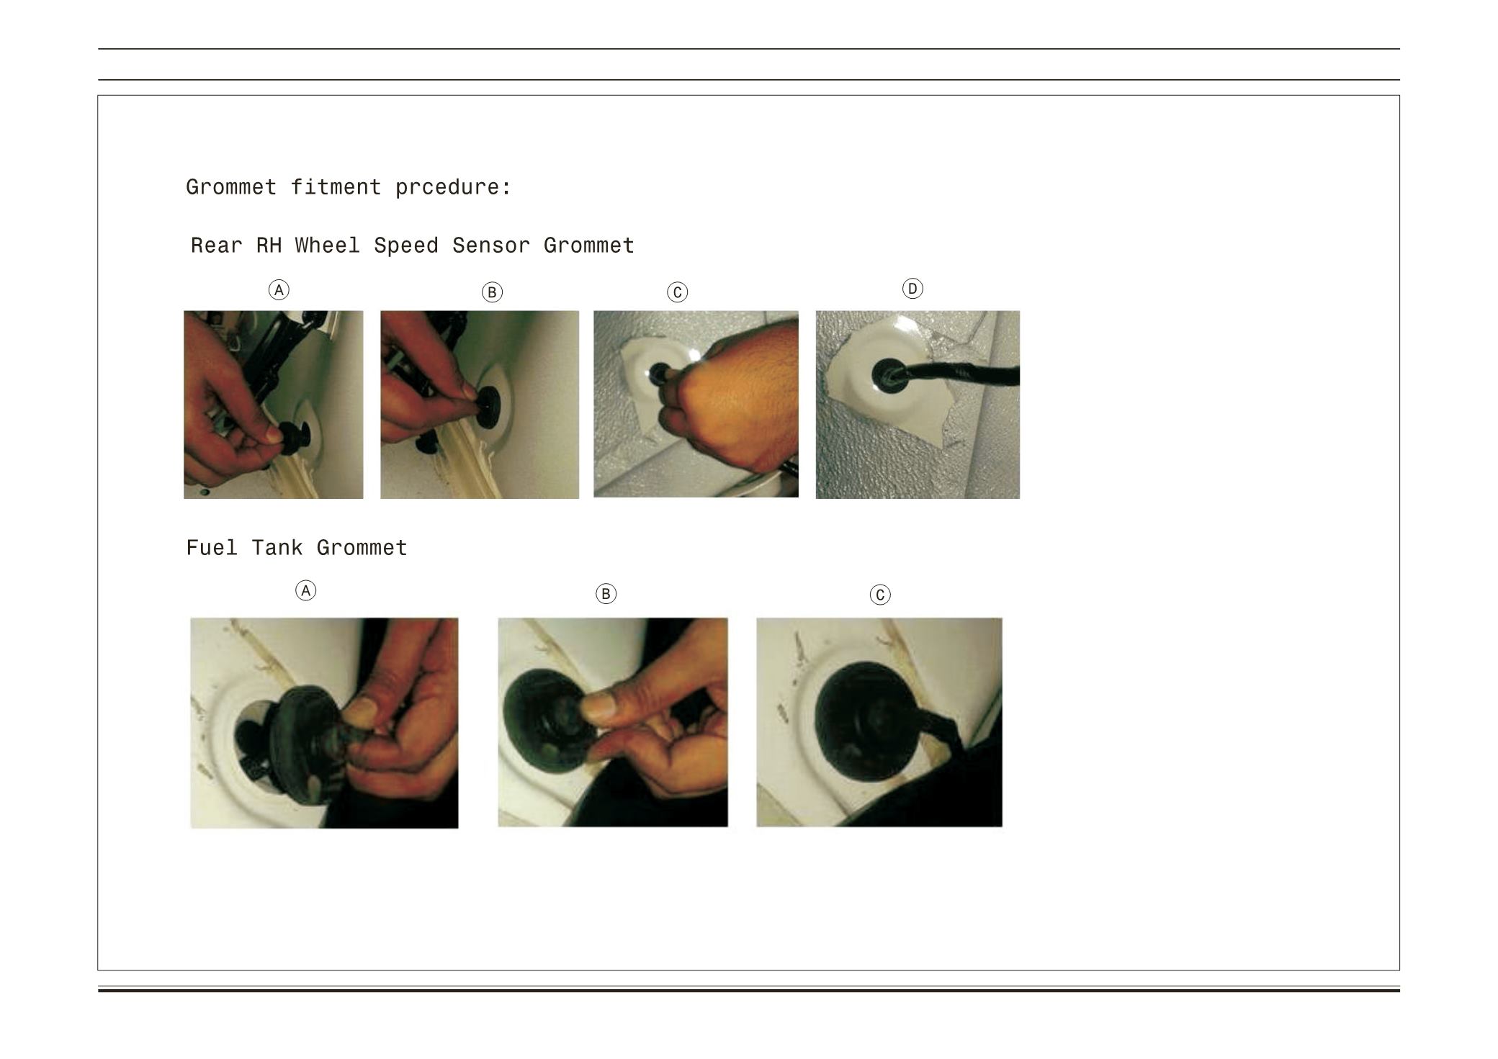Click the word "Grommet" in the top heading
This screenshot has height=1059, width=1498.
tap(231, 187)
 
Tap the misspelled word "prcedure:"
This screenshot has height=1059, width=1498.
tap(453, 187)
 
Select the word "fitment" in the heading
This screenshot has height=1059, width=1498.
tap(336, 187)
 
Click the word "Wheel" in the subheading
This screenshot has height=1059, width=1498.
tap(327, 245)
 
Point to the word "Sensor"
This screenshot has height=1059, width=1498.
tap(490, 245)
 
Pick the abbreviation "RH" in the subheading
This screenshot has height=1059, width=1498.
tap(269, 245)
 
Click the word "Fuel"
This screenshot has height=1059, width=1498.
tap(212, 548)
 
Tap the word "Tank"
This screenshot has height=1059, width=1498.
tap(277, 548)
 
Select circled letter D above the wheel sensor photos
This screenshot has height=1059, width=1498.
tap(912, 289)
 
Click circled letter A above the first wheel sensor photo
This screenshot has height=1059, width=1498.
tap(279, 290)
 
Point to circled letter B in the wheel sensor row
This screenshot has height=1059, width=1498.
tap(492, 292)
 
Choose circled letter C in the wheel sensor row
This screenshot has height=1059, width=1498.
tap(677, 292)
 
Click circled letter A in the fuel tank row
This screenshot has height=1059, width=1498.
tap(306, 591)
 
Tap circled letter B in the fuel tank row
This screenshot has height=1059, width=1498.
tap(606, 594)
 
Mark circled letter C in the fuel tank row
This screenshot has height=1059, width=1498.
tap(880, 595)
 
